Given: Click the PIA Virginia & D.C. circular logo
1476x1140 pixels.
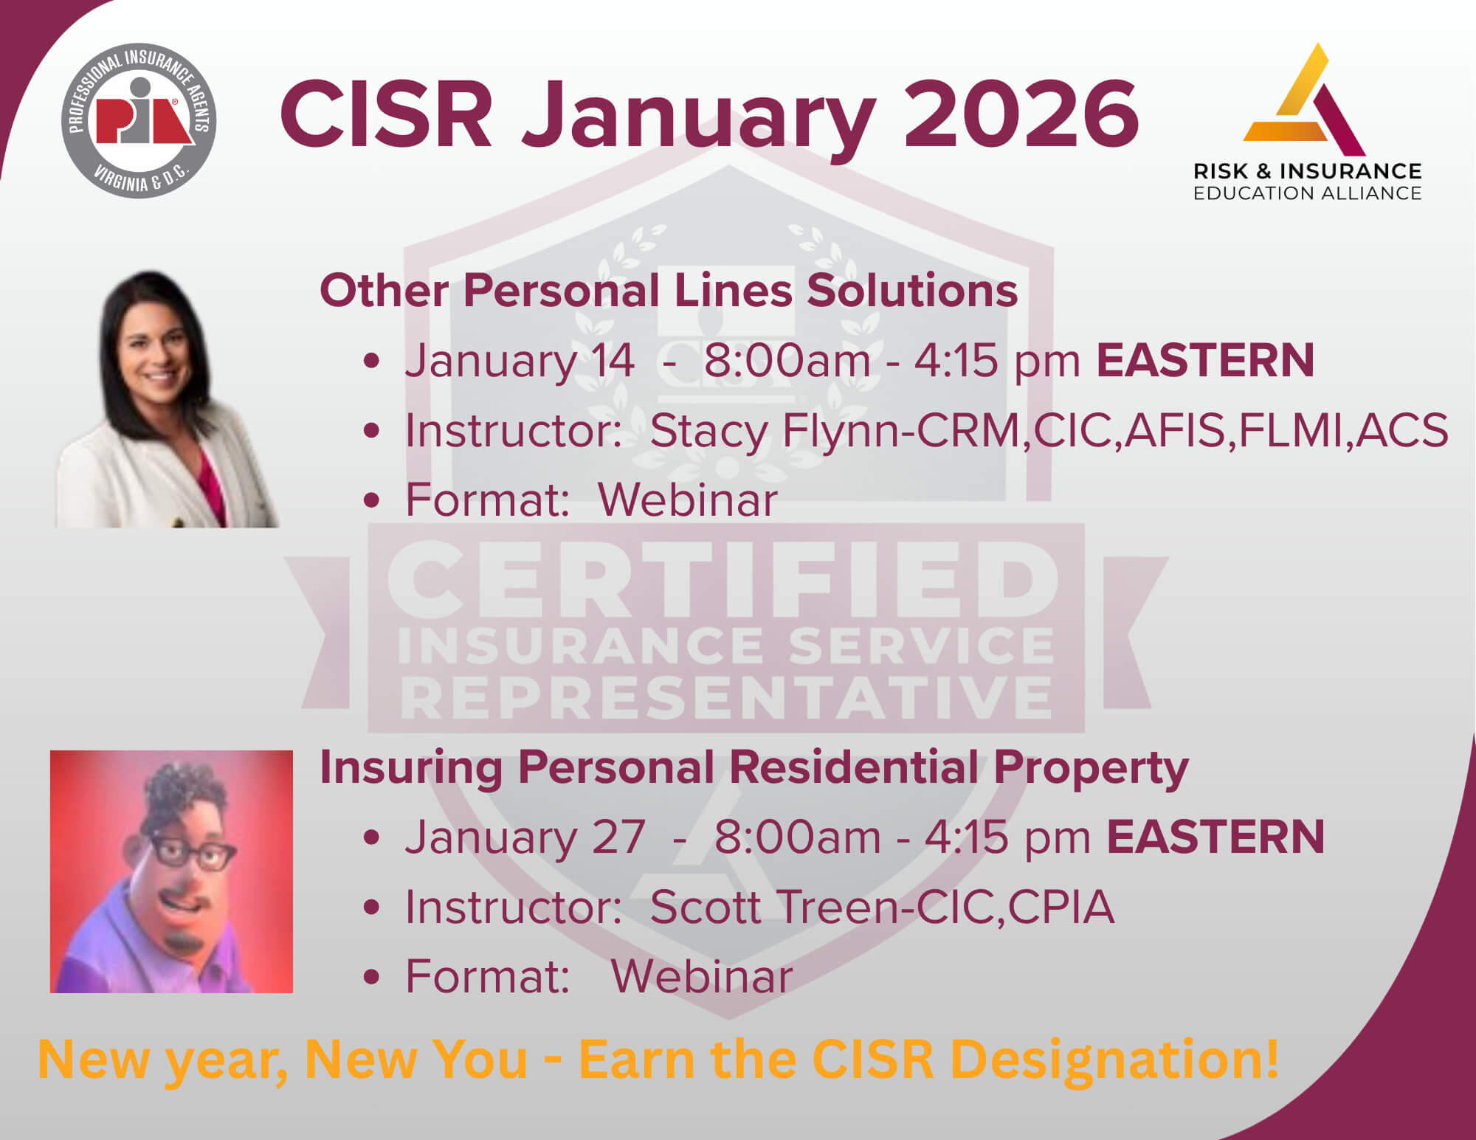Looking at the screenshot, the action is [x=139, y=120].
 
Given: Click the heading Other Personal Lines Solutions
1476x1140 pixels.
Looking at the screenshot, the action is [x=669, y=290].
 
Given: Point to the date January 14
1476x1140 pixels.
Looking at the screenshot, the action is [x=520, y=361].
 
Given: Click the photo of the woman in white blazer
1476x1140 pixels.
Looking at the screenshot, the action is [x=168, y=398].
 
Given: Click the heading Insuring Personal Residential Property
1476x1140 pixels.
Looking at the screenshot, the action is [x=753, y=767].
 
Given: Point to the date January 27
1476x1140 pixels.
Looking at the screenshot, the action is [x=525, y=837].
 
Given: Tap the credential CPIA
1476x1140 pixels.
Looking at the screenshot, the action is [x=1061, y=907].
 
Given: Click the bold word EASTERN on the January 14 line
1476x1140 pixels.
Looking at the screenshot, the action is [x=1205, y=360].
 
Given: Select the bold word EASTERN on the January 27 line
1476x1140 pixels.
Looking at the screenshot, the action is [x=1215, y=837].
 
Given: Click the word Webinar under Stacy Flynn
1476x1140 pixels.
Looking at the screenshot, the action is [x=688, y=500].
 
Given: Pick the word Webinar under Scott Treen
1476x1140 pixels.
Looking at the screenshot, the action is [x=702, y=976].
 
